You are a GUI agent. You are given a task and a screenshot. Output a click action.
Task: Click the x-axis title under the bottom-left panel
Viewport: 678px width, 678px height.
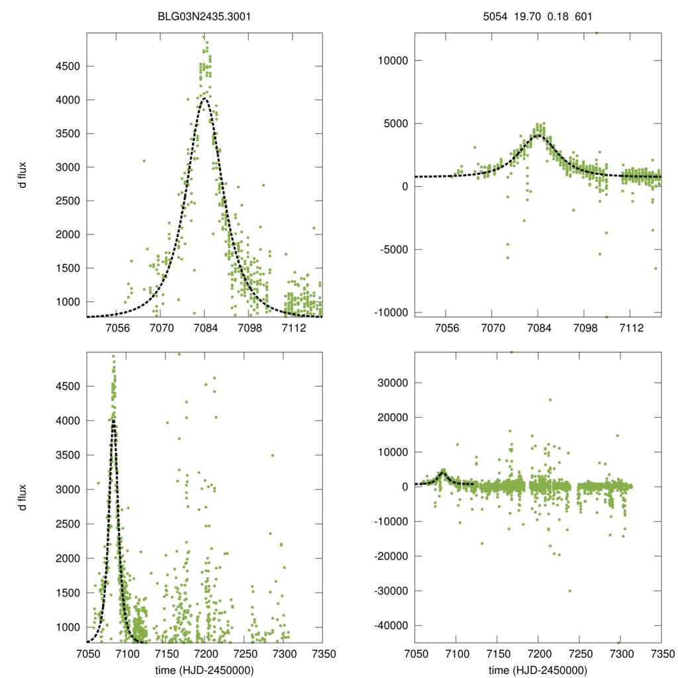tap(205, 669)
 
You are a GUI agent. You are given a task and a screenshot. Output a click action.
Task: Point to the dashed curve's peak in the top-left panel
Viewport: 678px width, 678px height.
tap(205, 99)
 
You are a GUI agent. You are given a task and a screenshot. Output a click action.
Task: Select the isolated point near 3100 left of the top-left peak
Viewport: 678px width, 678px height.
tap(144, 160)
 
